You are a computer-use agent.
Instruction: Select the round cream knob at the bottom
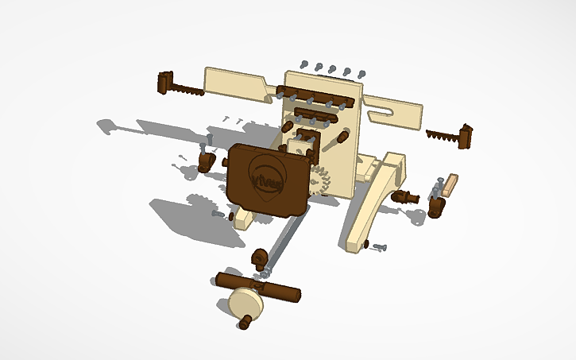click(244, 303)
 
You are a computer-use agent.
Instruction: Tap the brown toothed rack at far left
click(180, 85)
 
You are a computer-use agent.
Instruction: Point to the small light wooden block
click(450, 185)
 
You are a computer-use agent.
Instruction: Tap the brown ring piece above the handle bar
click(259, 257)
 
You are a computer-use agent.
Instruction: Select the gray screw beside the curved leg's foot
click(377, 248)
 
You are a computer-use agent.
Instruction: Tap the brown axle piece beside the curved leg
click(408, 195)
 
